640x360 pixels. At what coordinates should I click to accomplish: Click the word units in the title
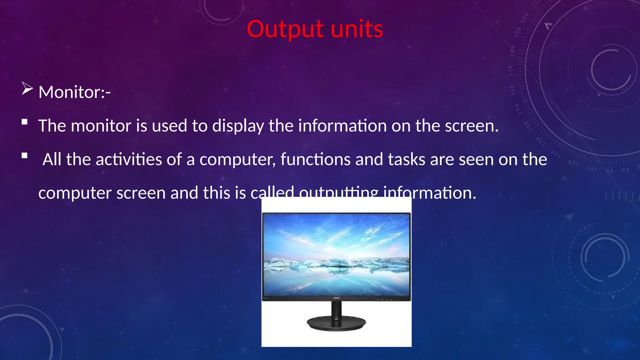click(357, 29)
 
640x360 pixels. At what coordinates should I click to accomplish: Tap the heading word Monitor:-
click(74, 92)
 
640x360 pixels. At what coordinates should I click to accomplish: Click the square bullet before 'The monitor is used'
click(25, 122)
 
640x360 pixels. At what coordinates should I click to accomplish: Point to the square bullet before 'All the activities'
click(25, 155)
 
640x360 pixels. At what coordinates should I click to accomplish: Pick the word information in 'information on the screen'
click(342, 126)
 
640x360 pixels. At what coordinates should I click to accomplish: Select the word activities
click(128, 159)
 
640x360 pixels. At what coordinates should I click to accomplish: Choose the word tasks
click(406, 159)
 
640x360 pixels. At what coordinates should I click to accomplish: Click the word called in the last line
click(272, 192)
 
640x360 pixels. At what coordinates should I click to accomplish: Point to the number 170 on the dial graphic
click(511, 71)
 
